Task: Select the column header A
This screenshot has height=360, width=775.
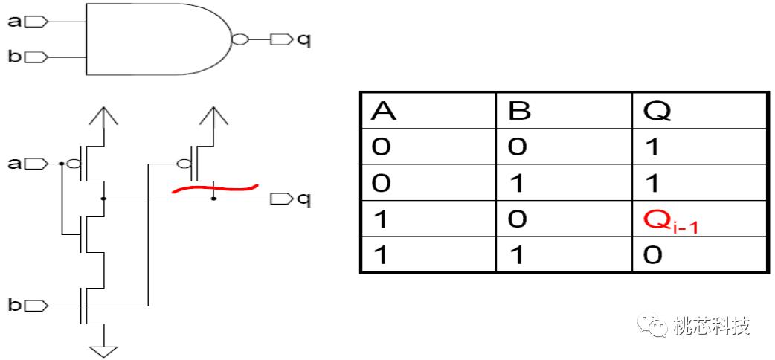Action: pos(383,111)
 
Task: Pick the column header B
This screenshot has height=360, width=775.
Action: pos(518,111)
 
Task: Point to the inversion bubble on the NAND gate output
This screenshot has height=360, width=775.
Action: pos(239,39)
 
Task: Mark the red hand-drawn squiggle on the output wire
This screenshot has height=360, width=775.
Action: pos(215,189)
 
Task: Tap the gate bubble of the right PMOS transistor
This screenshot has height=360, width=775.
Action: pos(184,164)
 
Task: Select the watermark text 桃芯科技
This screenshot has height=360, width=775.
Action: pos(710,326)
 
